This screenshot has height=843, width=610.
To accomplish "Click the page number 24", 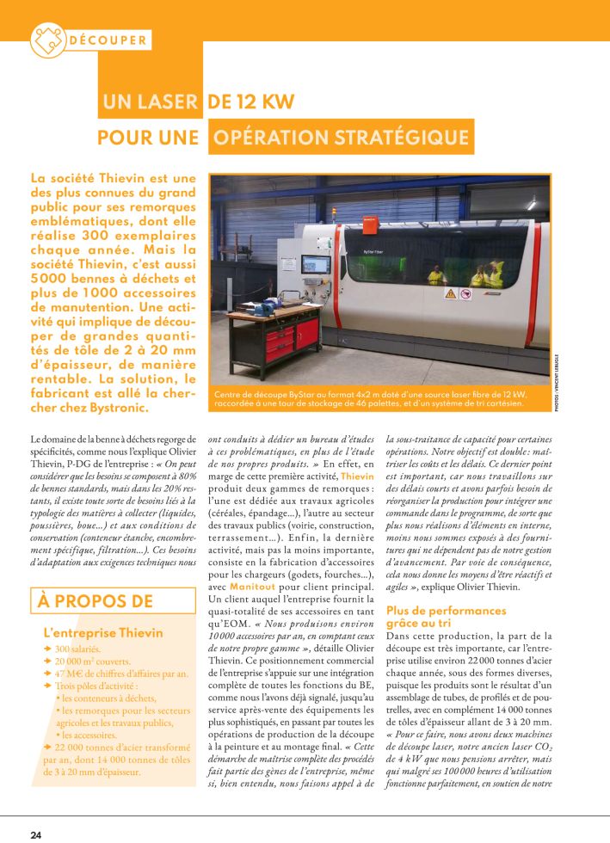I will tap(36, 834).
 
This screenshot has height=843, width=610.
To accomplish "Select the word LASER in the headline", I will tap(163, 102).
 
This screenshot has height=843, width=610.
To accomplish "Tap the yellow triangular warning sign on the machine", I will tap(449, 293).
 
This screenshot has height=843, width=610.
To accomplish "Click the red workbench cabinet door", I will tap(281, 342).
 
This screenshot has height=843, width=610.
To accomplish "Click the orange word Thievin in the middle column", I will tap(356, 475).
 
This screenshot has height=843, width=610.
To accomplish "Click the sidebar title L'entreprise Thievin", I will tap(102, 633).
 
